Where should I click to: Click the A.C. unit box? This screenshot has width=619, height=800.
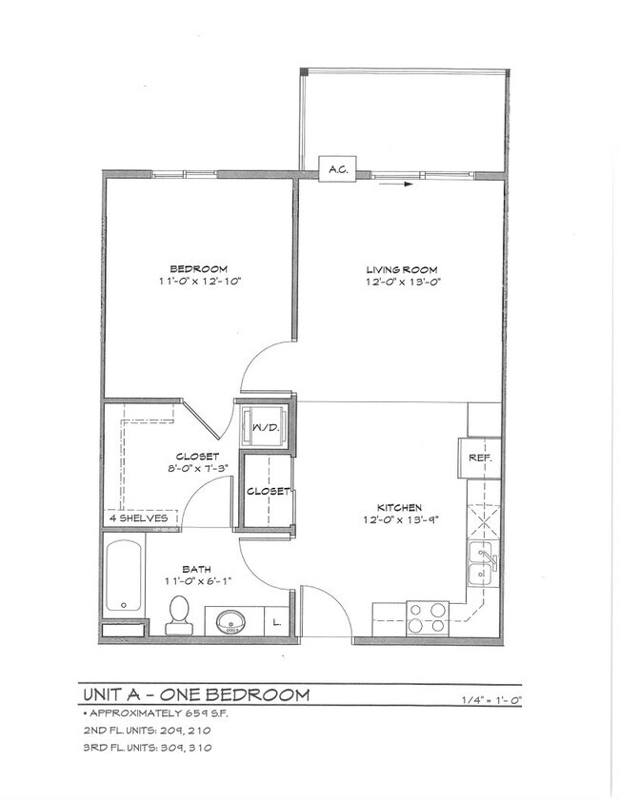336,169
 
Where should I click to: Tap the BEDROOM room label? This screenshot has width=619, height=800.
198,268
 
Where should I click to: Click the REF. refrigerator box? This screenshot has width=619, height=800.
479,458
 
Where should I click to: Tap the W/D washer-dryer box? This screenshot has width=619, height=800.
264,427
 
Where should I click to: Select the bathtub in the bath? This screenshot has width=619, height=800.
124,577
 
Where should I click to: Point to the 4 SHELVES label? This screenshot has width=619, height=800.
139,518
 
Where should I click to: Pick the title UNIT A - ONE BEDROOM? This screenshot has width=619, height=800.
196,694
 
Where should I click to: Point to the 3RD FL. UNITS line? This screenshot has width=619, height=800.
147,748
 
